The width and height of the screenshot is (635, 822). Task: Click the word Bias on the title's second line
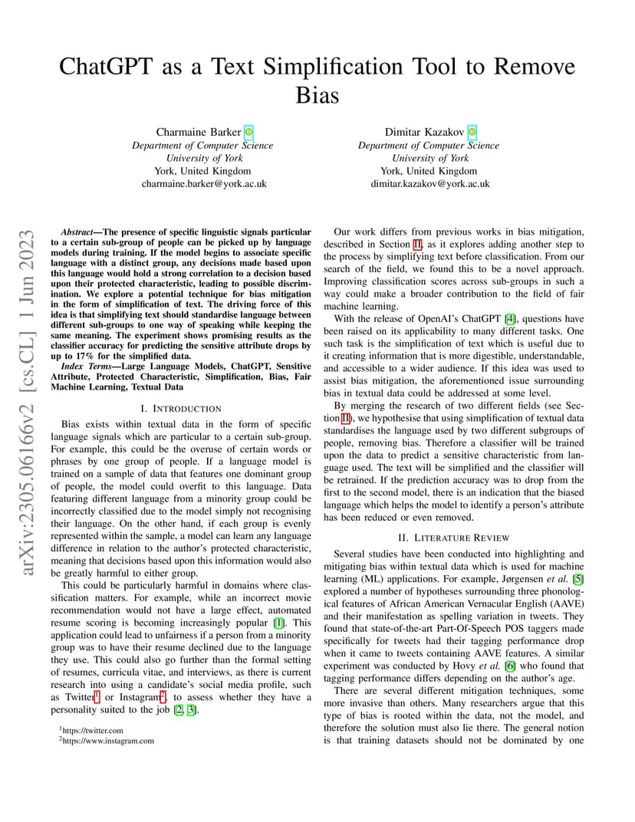tap(317, 96)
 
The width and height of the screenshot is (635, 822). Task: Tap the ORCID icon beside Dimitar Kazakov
tap(472, 132)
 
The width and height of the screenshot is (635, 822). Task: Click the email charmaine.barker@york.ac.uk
tap(204, 184)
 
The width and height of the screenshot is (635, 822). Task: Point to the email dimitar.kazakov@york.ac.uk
tap(430, 184)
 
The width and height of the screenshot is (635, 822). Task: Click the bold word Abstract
tap(79, 232)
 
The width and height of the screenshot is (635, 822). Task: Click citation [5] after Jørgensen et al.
tap(578, 579)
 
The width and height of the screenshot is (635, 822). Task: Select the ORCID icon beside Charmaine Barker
tap(248, 132)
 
